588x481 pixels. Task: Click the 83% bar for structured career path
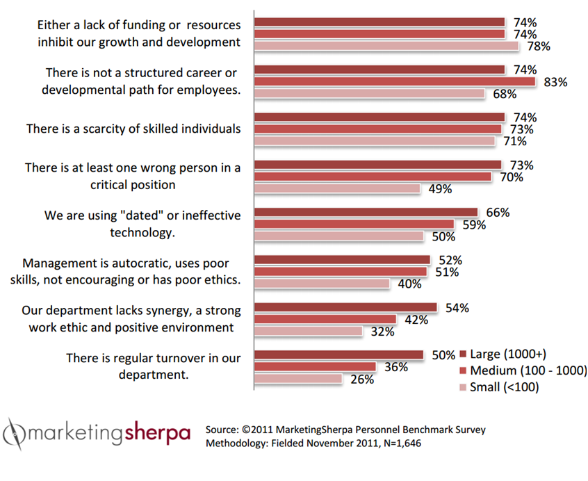(395, 81)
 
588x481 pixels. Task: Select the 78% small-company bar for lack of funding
(386, 46)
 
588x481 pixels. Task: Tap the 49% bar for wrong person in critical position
(337, 188)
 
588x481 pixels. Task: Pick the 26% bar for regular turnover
(298, 379)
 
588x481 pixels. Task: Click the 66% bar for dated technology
(366, 212)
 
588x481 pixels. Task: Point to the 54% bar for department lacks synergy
(345, 307)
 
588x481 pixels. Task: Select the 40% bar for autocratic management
(322, 284)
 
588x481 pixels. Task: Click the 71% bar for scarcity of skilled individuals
(375, 141)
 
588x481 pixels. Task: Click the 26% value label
(361, 380)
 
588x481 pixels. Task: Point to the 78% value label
(539, 47)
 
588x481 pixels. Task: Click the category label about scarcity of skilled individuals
(133, 129)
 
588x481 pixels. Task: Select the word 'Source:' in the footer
(227, 430)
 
